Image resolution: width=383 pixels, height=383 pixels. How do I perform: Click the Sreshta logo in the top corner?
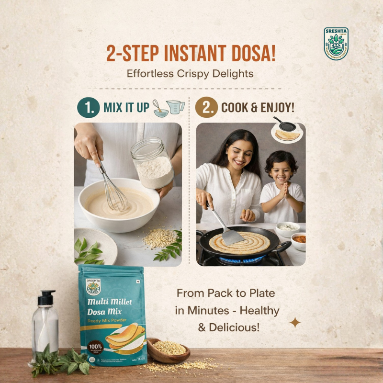click(336, 44)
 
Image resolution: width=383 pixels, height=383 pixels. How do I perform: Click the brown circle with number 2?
click(206, 108)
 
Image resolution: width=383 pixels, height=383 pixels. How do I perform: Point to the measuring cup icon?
click(176, 107)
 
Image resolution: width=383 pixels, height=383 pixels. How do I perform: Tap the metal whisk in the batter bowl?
click(113, 191)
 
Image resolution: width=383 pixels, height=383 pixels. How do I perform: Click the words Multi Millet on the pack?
click(110, 302)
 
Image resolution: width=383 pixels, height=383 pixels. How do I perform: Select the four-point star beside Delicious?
click(295, 323)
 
